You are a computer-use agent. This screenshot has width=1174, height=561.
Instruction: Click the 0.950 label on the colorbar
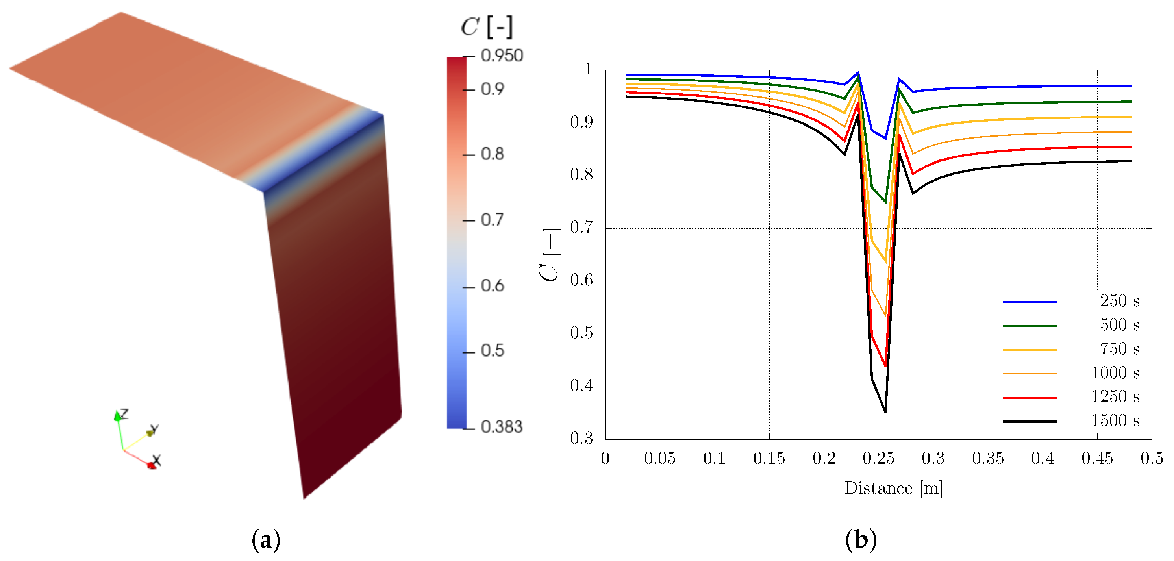(x=501, y=56)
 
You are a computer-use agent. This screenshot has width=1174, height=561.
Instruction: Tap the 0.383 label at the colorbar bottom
(x=501, y=427)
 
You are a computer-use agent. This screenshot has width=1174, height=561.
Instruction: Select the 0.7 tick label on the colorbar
(x=492, y=220)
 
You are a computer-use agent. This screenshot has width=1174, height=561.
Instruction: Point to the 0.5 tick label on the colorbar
(x=492, y=350)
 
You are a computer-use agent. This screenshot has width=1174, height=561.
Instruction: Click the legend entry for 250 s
(x=1119, y=301)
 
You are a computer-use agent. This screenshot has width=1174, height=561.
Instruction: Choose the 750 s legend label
(x=1119, y=349)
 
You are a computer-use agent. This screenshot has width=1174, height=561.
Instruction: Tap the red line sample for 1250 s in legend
(x=1029, y=397)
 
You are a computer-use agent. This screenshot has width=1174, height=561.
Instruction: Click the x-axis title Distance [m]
(x=893, y=488)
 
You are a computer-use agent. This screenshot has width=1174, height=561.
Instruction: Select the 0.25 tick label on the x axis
(x=878, y=458)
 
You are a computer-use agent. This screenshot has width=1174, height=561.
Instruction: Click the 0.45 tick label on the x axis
(x=1097, y=458)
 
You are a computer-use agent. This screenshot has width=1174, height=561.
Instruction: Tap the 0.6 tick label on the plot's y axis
(x=581, y=280)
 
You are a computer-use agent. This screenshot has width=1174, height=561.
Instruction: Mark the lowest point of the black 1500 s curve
(x=885, y=411)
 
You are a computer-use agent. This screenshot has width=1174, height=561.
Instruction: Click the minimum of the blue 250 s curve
(x=885, y=138)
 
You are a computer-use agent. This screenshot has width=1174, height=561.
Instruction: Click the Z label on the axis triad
(x=124, y=413)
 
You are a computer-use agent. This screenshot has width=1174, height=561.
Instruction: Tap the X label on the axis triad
(x=156, y=460)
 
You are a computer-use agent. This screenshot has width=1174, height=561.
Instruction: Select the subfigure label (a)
(x=266, y=541)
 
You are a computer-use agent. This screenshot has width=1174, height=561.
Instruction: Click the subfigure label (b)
(x=861, y=541)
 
